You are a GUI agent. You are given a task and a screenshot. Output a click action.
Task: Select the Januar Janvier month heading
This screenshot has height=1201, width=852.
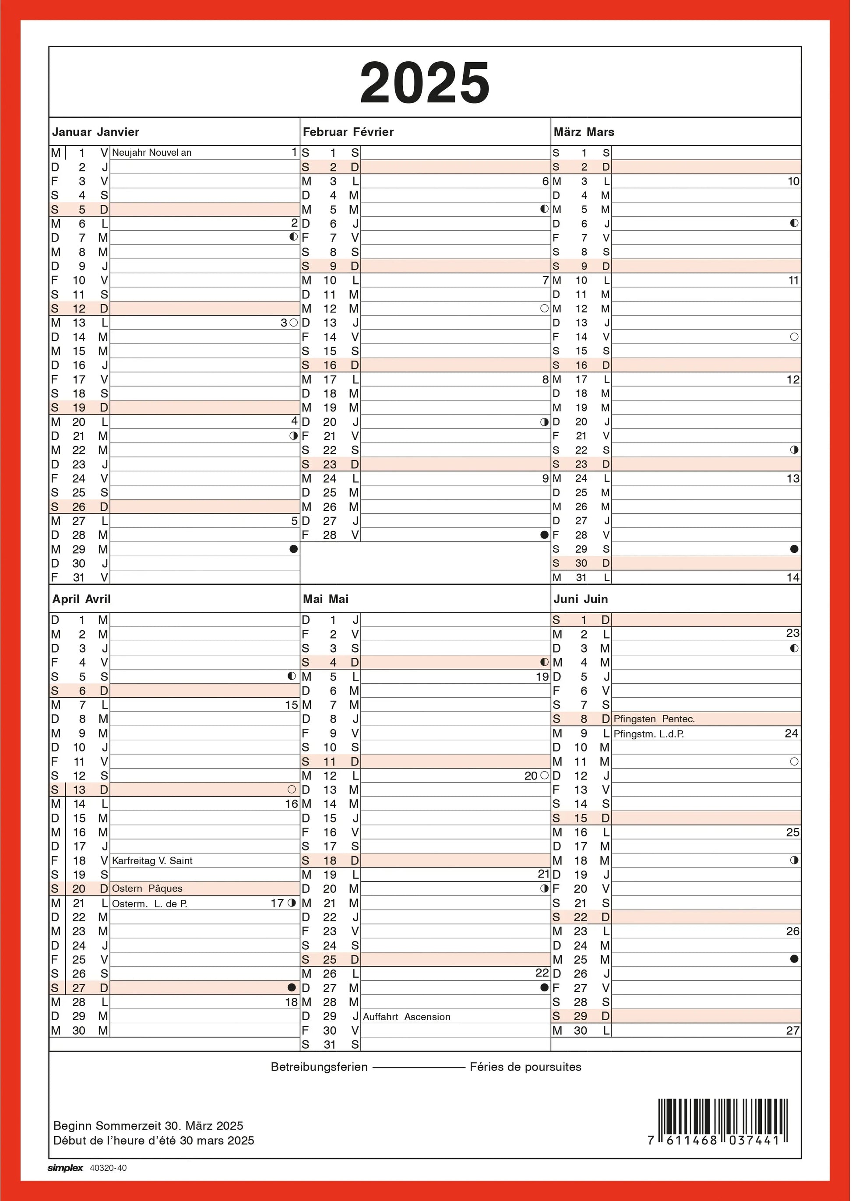click(x=95, y=132)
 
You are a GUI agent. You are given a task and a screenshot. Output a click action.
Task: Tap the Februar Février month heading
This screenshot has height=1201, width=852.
click(x=348, y=132)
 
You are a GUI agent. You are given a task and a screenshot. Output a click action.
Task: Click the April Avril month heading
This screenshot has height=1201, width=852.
click(x=81, y=599)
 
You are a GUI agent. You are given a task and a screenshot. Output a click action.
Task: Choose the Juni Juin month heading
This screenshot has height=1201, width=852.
click(x=580, y=599)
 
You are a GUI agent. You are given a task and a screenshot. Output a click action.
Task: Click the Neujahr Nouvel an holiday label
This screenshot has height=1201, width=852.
click(x=151, y=153)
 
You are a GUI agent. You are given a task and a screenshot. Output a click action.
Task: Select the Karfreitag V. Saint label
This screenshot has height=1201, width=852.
click(x=152, y=860)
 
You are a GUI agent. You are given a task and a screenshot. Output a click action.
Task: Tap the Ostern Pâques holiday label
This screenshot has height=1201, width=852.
click(x=147, y=888)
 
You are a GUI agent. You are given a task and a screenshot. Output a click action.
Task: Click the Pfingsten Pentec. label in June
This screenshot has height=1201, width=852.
click(x=654, y=719)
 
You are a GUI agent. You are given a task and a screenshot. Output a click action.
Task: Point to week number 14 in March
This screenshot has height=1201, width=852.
click(x=793, y=577)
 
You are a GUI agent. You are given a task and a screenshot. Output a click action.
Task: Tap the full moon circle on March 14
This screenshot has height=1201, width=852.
click(x=794, y=337)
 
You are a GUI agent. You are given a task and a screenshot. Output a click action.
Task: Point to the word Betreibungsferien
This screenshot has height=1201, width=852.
click(x=319, y=1067)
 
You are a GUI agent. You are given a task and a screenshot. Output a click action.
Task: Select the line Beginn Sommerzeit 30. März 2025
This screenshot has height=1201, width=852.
click(x=148, y=1125)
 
